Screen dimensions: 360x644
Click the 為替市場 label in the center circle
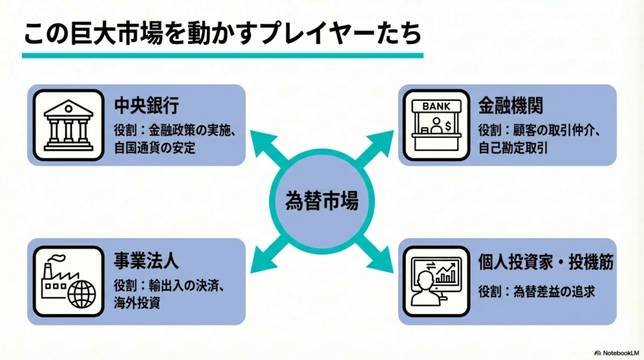point(322,202)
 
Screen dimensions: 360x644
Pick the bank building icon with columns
point(68,125)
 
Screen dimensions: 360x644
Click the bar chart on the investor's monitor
point(447,273)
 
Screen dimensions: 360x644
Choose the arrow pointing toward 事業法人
point(263,260)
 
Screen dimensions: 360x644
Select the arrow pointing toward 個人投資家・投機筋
point(380,260)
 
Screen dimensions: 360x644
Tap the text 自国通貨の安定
point(155,149)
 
